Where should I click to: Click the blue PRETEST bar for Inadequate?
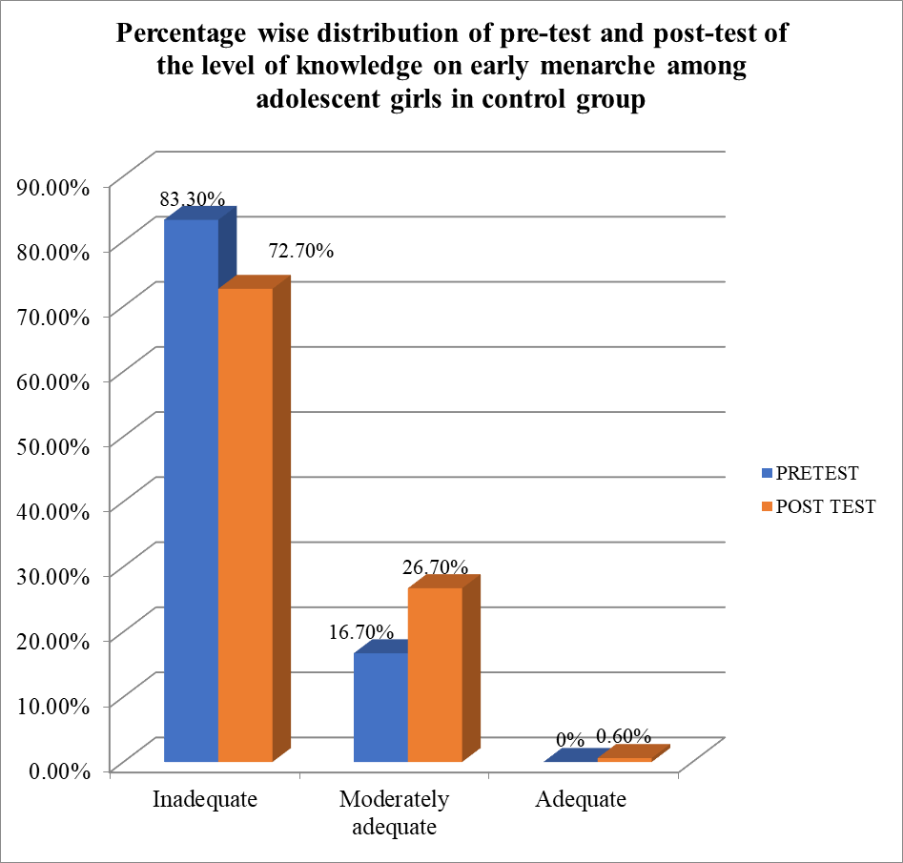click(192, 491)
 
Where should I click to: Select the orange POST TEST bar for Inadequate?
click(246, 524)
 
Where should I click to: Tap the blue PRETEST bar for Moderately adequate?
click(380, 707)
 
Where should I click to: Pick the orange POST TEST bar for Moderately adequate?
click(435, 674)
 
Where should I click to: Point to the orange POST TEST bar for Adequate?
click(625, 759)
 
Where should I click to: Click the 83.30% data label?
click(193, 199)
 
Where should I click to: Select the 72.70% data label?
click(300, 252)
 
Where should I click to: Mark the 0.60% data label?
click(624, 736)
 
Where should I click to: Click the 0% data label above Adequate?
click(570, 740)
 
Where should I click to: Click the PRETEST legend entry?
click(811, 473)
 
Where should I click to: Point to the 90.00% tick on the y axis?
click(53, 187)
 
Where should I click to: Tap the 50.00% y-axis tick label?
click(53, 446)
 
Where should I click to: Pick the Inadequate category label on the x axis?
click(205, 799)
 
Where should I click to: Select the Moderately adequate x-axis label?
click(394, 812)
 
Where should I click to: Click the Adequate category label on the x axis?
click(581, 799)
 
